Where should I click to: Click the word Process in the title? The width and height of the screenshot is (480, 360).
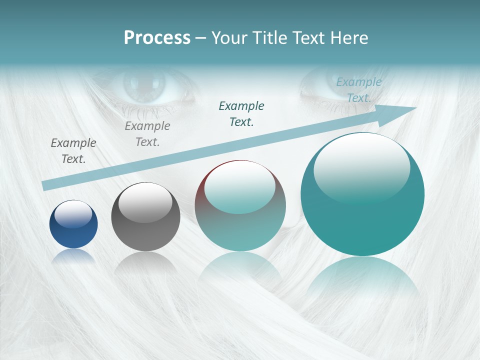[157, 38]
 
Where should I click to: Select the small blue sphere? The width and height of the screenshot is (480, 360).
[73, 224]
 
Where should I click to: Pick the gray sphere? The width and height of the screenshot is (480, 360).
[145, 216]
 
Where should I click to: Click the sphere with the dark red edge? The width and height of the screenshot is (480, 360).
[240, 205]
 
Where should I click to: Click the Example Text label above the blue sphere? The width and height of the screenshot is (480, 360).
[73, 151]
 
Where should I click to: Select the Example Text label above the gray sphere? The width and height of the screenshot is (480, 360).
[147, 134]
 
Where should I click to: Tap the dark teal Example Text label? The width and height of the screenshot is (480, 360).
[241, 114]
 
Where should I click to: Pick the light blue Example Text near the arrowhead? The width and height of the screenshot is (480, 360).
[359, 90]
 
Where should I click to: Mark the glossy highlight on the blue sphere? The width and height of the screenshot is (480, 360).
[73, 214]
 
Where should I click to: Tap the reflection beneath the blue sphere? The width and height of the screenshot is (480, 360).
[73, 256]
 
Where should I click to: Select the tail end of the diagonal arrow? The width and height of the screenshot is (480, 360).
[46, 186]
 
